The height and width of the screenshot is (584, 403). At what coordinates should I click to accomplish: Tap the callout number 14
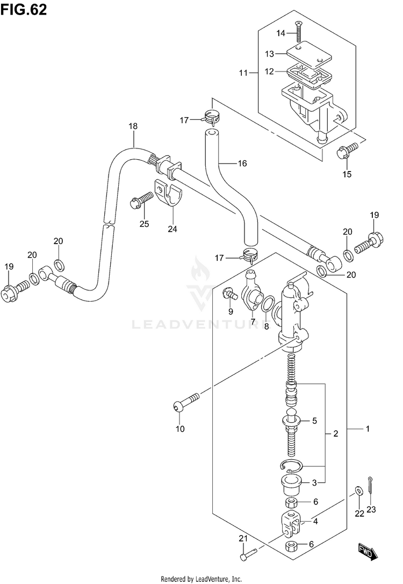(281, 33)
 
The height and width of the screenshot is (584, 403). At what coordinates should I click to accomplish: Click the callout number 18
(133, 126)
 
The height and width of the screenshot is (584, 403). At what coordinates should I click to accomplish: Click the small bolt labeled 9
(231, 293)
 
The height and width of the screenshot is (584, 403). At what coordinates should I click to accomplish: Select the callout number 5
(314, 421)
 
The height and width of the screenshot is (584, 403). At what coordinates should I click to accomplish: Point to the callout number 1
(368, 429)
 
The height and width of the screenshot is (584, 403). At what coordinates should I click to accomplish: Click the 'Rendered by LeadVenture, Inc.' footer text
(201, 579)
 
